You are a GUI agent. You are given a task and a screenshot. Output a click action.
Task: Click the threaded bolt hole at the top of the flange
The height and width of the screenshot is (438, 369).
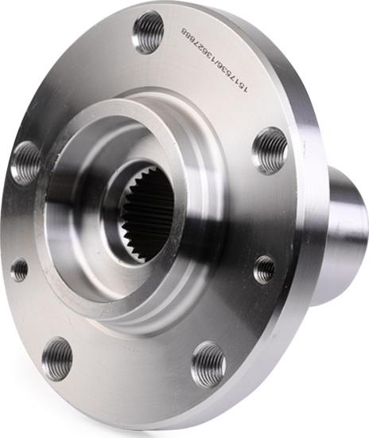tap(149, 33)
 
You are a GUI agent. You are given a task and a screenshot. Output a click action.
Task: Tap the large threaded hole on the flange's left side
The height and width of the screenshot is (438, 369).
tap(25, 162)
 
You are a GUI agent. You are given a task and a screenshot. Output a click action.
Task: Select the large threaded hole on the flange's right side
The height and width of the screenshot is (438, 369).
tap(270, 149)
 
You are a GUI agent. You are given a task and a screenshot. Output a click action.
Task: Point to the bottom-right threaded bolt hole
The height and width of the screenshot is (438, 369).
tap(208, 364)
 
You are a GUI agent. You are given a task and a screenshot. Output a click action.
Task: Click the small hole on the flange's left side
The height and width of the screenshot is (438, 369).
tap(19, 269)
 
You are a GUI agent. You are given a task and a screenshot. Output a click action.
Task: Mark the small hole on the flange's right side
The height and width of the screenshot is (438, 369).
tap(264, 269)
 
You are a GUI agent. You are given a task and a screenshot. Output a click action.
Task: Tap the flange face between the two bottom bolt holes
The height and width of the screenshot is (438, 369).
tap(131, 374)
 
